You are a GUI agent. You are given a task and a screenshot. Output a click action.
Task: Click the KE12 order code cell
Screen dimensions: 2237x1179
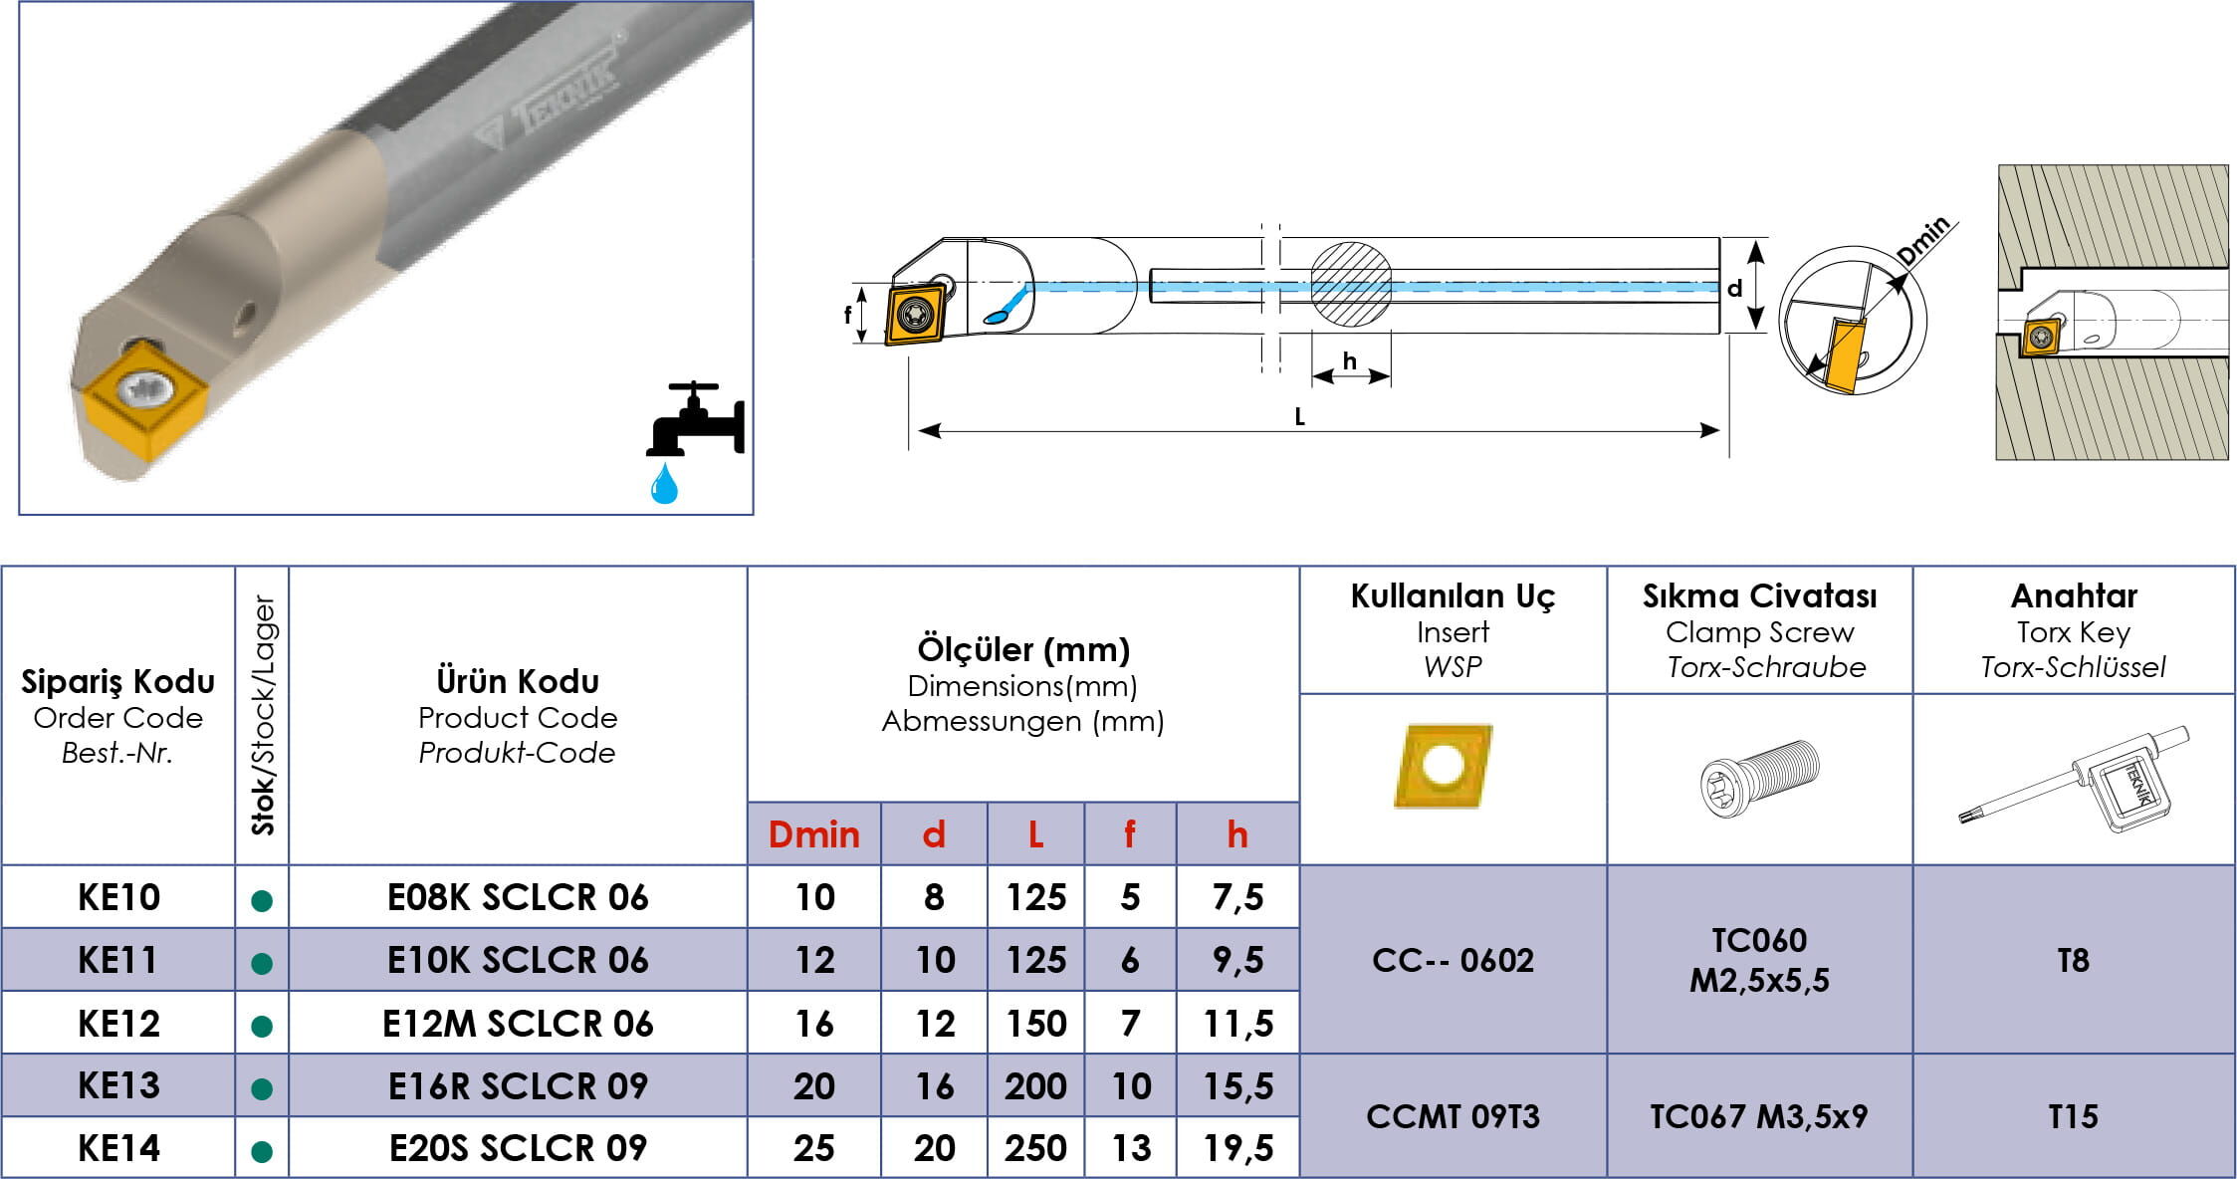118,1024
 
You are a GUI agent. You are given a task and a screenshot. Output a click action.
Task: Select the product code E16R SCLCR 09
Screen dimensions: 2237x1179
518,1085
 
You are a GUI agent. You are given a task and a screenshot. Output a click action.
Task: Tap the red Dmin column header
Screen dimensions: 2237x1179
813,834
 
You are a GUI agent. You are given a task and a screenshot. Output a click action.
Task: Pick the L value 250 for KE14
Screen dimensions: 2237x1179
1035,1148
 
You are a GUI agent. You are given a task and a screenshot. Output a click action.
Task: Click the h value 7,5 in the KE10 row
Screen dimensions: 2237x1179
1237,897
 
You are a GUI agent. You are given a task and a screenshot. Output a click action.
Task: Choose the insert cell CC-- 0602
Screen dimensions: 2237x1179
1453,960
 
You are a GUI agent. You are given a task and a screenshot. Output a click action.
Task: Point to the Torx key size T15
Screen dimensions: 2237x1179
2073,1116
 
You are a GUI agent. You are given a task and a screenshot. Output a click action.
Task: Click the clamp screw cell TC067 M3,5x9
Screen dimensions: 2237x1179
1758,1116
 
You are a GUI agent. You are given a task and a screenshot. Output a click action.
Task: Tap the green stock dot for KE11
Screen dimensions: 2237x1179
262,963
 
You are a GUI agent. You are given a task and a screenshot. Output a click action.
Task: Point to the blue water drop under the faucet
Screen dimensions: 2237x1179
664,484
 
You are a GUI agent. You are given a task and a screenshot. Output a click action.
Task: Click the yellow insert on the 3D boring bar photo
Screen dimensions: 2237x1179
144,398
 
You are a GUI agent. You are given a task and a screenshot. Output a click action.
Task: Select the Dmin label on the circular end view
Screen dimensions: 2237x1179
1923,241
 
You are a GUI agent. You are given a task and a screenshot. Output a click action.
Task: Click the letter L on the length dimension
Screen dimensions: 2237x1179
1299,417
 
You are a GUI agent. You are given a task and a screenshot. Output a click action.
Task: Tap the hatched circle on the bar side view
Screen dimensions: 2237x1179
1350,284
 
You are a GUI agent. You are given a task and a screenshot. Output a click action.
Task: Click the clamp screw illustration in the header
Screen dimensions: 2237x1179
1759,778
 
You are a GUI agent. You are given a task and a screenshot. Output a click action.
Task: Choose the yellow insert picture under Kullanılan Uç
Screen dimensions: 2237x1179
1444,765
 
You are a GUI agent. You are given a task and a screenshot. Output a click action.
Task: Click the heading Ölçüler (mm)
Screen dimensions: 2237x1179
1023,649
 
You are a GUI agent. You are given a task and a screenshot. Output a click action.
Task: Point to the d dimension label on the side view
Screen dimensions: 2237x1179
1734,288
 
